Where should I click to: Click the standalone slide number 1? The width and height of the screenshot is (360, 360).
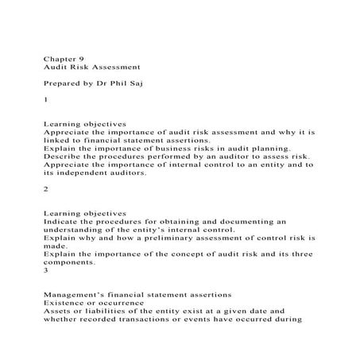click(x=46, y=101)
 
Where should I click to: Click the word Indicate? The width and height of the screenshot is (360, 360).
click(x=63, y=223)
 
